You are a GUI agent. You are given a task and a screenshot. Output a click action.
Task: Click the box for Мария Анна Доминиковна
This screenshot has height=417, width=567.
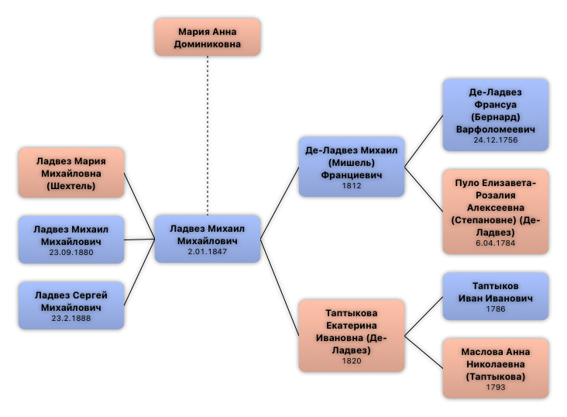207,37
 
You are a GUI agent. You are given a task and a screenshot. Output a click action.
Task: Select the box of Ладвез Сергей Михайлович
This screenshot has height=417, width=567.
70,305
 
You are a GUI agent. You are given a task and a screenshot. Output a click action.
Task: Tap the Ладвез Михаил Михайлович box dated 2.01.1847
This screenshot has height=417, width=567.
207,239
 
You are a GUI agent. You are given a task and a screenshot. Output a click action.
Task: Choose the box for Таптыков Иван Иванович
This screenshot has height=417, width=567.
495,296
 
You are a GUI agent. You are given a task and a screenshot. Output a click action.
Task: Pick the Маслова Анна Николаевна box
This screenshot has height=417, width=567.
495,368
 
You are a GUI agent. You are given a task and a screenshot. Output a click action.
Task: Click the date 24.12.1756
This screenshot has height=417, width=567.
496,140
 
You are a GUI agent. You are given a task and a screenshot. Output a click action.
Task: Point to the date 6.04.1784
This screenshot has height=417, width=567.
496,243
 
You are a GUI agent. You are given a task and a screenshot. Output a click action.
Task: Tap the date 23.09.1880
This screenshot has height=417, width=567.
71,252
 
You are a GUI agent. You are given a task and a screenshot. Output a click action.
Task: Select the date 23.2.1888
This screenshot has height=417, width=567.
71,318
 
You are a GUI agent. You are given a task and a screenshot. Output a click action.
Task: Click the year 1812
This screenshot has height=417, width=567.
352,186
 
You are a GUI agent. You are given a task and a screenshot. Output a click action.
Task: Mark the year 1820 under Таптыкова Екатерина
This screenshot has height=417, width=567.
352,360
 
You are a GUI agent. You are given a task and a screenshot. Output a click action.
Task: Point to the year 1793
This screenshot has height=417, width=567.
496,388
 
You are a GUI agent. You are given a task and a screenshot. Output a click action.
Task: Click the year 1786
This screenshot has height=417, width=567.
496,308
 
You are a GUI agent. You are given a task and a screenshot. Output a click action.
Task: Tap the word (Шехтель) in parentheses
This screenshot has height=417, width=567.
71,185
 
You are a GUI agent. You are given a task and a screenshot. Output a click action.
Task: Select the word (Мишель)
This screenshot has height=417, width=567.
352,163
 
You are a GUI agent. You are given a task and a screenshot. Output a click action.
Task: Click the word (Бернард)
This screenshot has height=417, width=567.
496,116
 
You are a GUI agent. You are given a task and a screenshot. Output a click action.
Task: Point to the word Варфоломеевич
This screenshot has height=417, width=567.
496,129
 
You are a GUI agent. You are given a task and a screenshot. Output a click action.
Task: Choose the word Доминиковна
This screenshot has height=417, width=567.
208,44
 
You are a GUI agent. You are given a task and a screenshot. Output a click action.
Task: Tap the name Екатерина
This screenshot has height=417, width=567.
352,326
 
